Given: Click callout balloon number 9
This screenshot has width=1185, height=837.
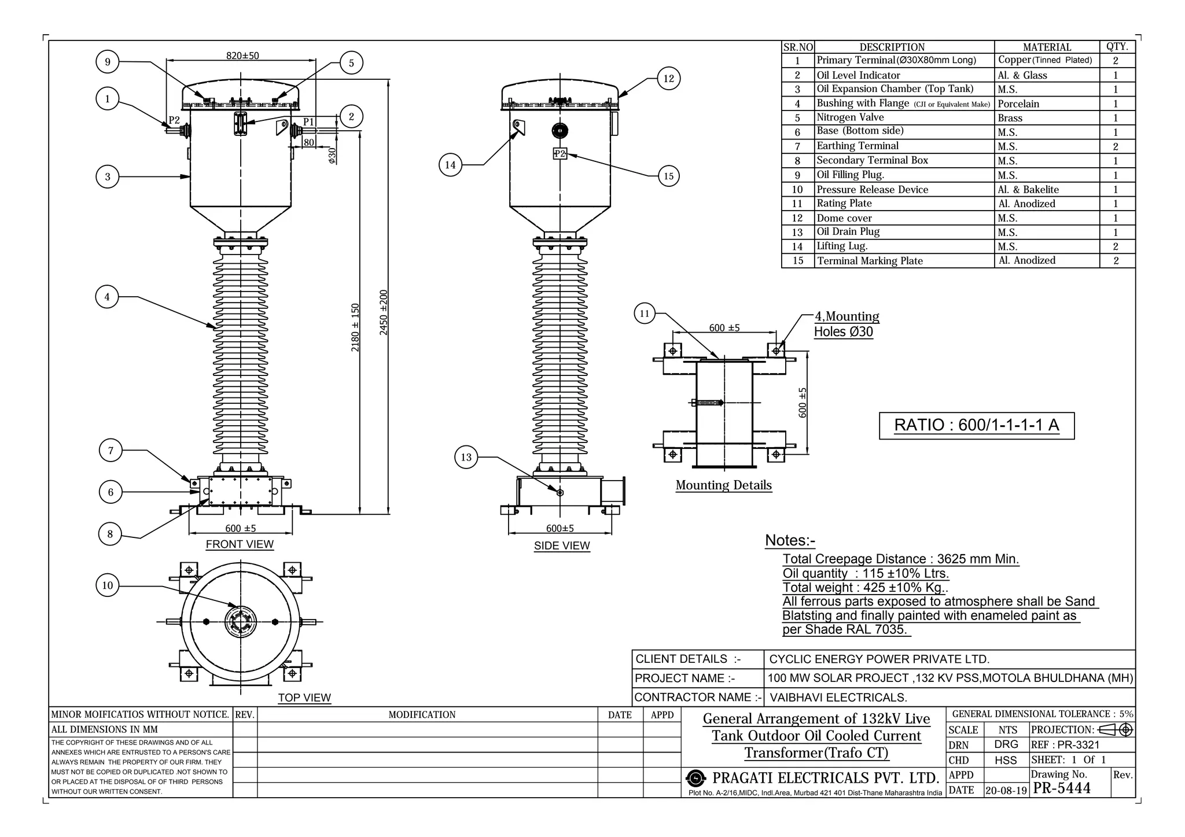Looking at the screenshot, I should click(x=107, y=62).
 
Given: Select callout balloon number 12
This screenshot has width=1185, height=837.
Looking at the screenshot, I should click(x=669, y=79).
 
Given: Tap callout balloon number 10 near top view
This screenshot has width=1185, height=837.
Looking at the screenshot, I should click(x=107, y=585).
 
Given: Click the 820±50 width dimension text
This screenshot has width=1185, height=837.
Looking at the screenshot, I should click(x=242, y=56).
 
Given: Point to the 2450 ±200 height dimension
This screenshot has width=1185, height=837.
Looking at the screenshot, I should click(x=384, y=312).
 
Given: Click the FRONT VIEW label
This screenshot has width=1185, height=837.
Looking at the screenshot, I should click(x=240, y=544).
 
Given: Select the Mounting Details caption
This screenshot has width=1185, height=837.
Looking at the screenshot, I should click(x=723, y=485).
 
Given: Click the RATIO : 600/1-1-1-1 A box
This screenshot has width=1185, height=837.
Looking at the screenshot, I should click(x=976, y=425).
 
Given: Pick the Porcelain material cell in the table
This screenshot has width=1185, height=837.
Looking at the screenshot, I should click(x=1018, y=104).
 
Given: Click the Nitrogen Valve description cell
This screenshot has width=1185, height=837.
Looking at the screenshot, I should click(x=850, y=117).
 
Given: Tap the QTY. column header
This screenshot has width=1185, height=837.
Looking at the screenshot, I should click(x=1117, y=47).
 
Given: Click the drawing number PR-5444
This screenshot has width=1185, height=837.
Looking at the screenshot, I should click(x=1062, y=788).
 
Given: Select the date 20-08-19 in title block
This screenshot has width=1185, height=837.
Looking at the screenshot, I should click(x=1006, y=790).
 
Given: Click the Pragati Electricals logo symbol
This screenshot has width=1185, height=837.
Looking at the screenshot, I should click(x=697, y=778).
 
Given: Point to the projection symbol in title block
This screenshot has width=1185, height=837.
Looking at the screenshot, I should click(x=1115, y=729).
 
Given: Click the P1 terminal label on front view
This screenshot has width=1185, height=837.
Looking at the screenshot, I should click(x=309, y=122).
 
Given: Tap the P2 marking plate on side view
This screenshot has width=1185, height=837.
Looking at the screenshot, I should click(x=560, y=154).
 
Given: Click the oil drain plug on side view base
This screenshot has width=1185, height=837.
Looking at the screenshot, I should click(x=560, y=493).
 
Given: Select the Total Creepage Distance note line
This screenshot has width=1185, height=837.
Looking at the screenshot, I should click(x=900, y=559).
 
